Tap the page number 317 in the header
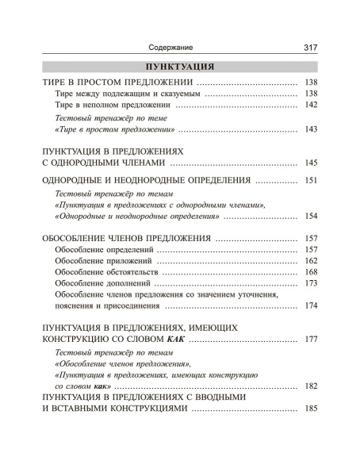(311, 48)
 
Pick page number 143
(311, 129)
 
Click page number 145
(311, 163)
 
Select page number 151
(311, 181)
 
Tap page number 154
(311, 217)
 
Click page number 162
(311, 261)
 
